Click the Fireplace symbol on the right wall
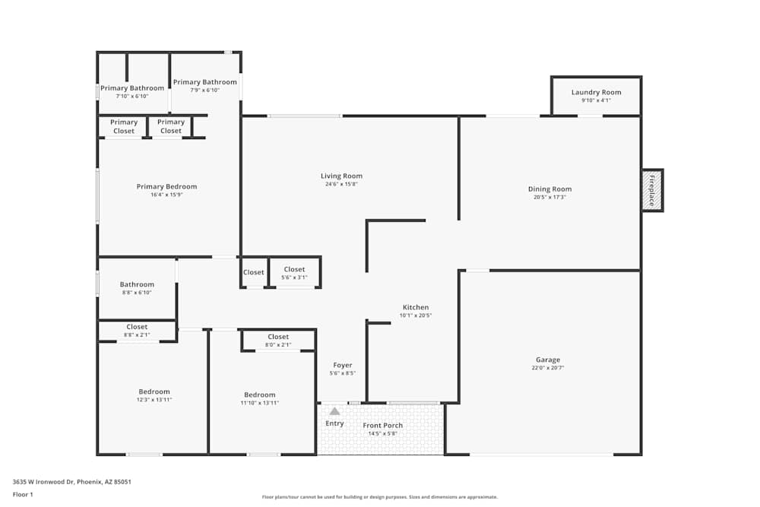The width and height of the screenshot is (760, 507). pos(652,190)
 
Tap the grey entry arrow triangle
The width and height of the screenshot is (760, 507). pos(334,411)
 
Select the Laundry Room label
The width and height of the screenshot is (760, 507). pos(596,93)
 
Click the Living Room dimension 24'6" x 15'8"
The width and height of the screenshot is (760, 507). pos(341,184)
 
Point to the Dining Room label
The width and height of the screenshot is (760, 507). pos(549,189)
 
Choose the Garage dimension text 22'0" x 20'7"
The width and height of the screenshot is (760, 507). pos(547,368)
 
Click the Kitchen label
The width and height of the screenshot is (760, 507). pos(416,307)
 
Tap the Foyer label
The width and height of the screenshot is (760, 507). pos(342,365)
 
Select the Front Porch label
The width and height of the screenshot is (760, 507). pos(383,426)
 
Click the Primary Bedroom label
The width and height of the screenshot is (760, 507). pos(166,186)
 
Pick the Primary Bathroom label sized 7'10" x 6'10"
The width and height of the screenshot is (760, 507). pos(132,88)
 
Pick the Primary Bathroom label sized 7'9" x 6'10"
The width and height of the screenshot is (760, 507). pos(204,82)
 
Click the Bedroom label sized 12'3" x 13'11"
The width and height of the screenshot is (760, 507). pos(154,391)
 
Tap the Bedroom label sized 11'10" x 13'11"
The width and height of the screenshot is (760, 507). pos(259,395)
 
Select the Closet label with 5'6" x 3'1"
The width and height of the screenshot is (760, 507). pos(294,269)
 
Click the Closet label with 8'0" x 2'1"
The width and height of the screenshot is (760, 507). pos(278,337)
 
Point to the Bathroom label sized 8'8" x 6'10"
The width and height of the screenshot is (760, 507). pos(137,284)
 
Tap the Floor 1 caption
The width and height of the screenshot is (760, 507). pos(23,494)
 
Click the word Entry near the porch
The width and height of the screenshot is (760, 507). pos(334,423)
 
